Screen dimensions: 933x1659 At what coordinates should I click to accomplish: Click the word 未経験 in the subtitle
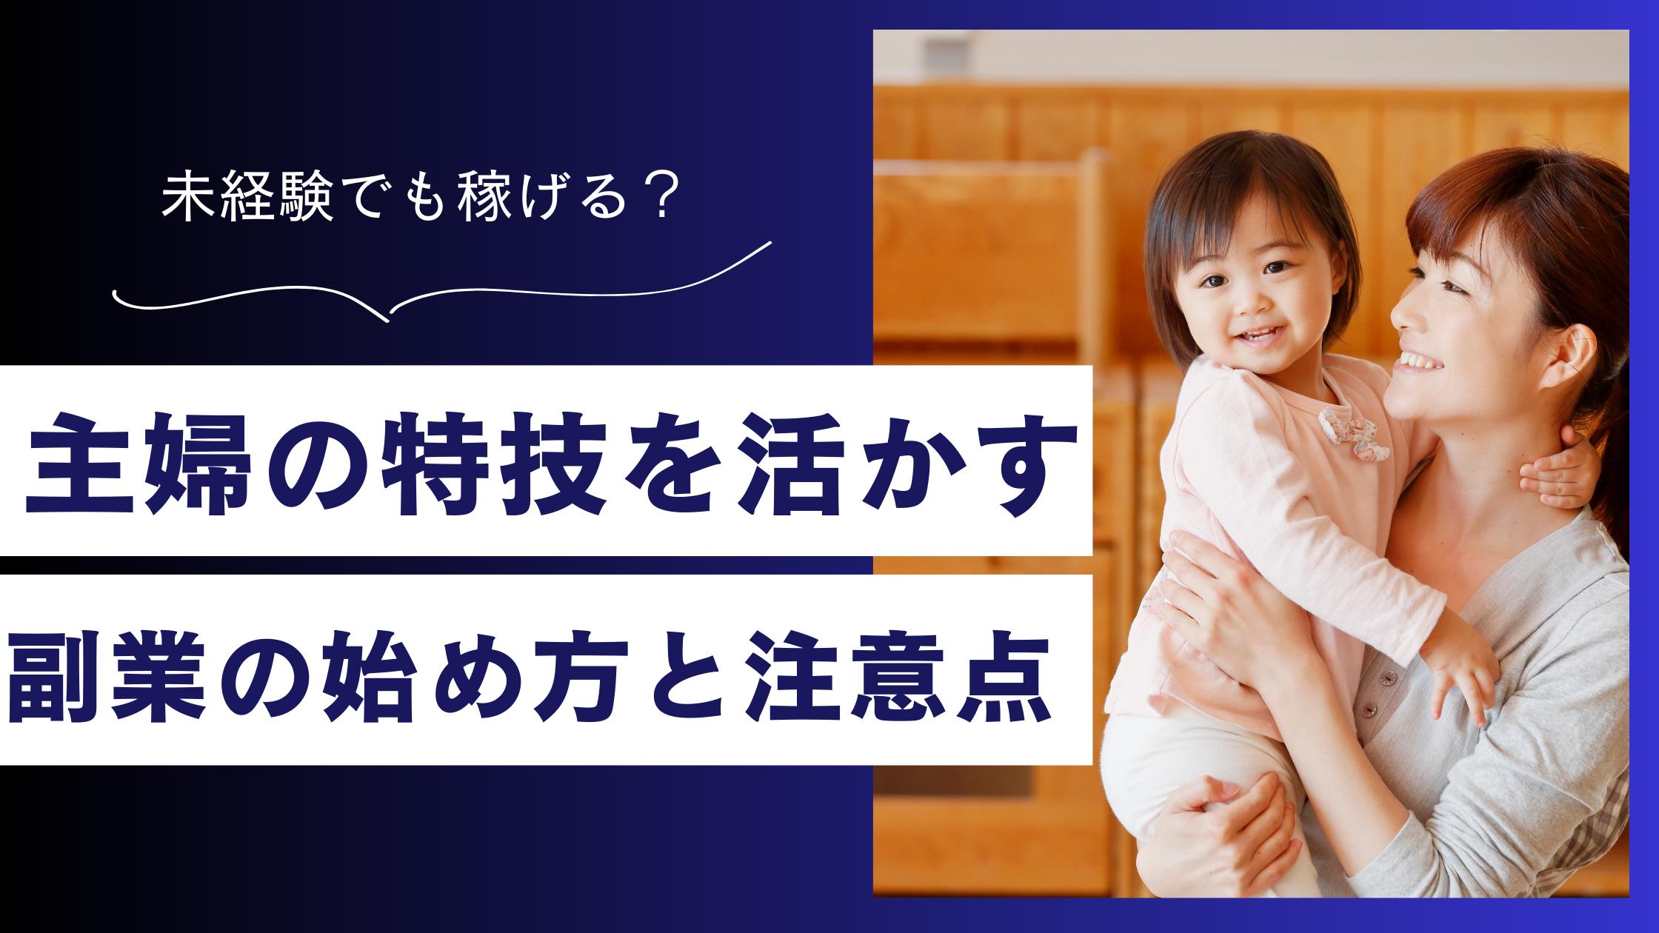click(x=247, y=197)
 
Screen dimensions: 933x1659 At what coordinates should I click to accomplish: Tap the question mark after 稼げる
click(x=658, y=197)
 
